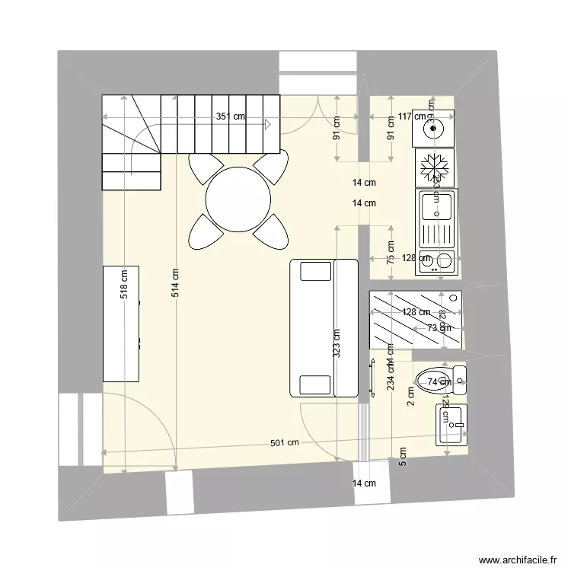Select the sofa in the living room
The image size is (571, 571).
(324, 327)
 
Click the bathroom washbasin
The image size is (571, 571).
(451, 424)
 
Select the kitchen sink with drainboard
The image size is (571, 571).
(435, 219)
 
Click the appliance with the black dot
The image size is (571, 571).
(434, 128)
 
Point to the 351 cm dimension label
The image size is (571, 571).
(230, 116)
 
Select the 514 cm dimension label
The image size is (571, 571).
(175, 283)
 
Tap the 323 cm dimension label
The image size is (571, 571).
(337, 343)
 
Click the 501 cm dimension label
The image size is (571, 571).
(282, 443)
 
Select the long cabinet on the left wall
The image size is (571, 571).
(121, 324)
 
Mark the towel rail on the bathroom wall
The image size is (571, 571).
(373, 378)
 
